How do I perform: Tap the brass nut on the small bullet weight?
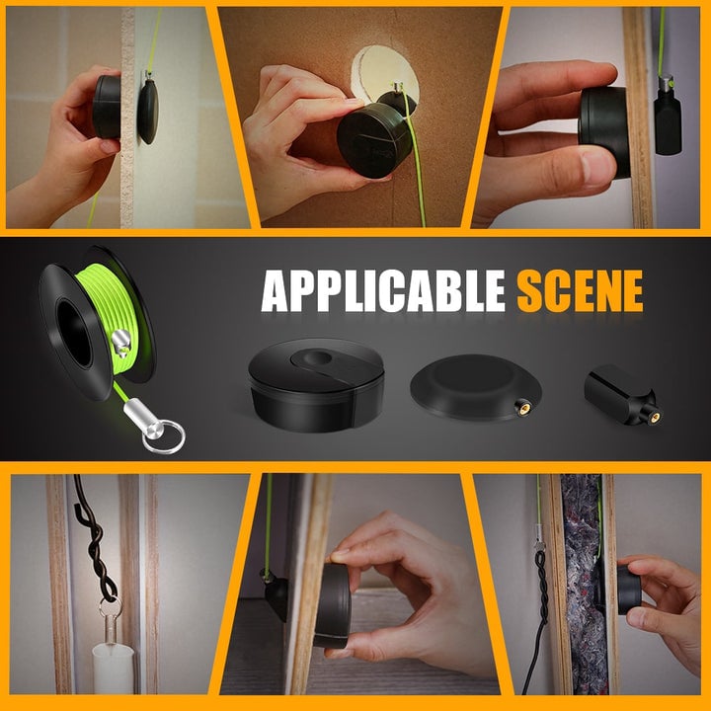click(654, 417)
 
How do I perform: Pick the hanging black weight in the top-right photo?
click(668, 120)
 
